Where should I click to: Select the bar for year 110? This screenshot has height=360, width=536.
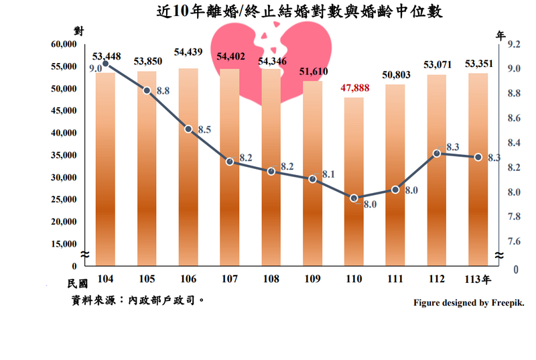coord(354,181)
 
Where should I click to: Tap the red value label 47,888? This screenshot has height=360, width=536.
coord(354,87)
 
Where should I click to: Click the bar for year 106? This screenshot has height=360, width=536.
coord(188,168)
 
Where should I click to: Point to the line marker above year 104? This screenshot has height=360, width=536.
coord(106,64)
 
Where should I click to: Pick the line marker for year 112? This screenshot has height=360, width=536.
coord(437,154)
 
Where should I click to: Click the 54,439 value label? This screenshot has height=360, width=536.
coord(190,52)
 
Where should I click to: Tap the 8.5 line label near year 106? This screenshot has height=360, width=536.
coord(204,130)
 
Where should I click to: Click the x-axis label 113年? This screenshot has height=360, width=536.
coord(480,278)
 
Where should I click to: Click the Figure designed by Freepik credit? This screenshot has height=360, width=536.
coord(470,304)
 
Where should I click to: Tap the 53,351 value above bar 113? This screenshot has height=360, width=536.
coord(478,64)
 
